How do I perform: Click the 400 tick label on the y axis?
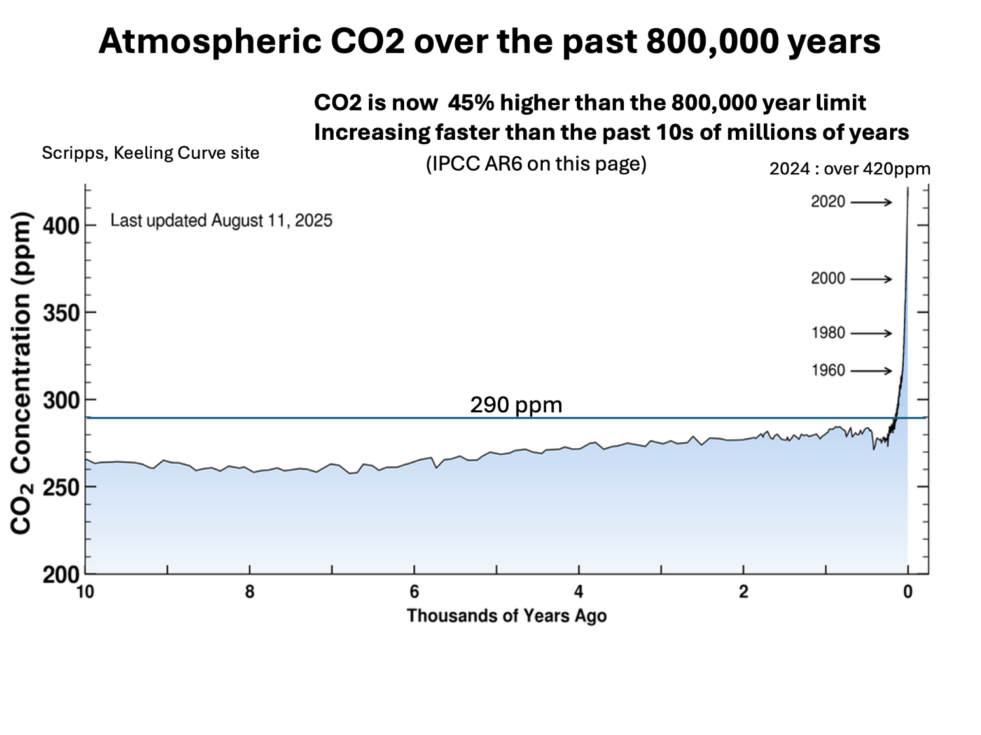61,227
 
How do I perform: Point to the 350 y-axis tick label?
61,314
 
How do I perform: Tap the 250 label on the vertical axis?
61,487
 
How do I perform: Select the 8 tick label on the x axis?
250,592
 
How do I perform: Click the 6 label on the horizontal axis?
414,592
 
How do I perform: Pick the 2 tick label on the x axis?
744,592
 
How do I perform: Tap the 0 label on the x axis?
908,592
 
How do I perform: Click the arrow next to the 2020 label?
871,203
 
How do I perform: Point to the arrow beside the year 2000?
871,280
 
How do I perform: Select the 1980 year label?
828,333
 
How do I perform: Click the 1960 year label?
828,370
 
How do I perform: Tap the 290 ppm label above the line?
516,405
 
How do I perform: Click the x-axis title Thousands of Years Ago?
506,615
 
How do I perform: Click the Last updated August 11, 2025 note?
221,220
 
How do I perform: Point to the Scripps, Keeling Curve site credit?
150,153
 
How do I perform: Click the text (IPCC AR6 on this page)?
536,163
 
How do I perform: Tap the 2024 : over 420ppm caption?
850,169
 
